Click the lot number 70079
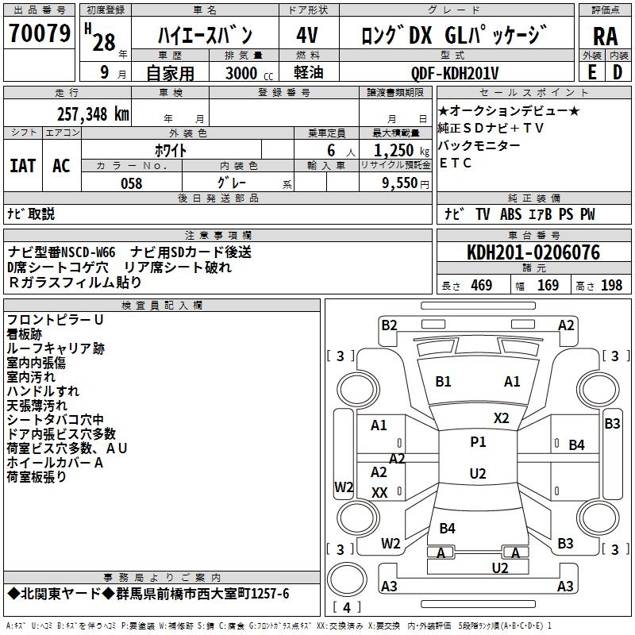coord(40,34)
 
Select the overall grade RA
coord(605,37)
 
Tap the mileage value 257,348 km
coord(92,114)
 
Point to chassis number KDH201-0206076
coord(533,253)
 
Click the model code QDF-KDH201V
coord(455,73)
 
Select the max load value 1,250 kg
coord(395,150)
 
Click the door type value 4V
coord(306,35)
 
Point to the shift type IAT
coord(23,166)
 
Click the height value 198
coord(612,286)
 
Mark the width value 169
coord(548,286)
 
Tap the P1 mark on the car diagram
coord(478,442)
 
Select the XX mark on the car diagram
coord(380,493)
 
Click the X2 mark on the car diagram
coord(502,418)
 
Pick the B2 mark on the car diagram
coord(389,325)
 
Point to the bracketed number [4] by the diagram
coord(347,608)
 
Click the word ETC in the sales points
coord(456,164)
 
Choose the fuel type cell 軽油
coord(306,73)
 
